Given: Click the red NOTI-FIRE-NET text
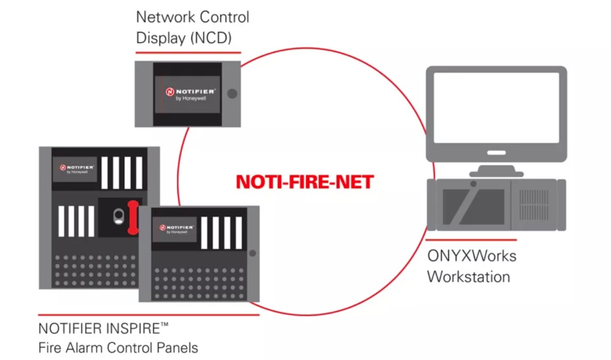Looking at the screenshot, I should (304, 182).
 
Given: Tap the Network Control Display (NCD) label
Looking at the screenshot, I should (192, 27).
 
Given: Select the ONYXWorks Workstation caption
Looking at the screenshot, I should (471, 266).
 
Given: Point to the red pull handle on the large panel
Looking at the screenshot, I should (132, 217).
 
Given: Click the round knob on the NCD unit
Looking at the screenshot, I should (232, 93).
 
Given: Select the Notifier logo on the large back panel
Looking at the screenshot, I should (75, 169).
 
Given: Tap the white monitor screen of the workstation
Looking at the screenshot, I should (496, 108).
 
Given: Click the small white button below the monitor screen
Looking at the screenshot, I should (496, 153).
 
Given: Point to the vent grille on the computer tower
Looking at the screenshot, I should (533, 204).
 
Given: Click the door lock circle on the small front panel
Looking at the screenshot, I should (252, 253).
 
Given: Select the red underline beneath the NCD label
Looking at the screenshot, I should (188, 52).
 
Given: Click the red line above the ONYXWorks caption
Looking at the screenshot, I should (471, 240).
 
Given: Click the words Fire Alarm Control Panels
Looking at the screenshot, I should (118, 348).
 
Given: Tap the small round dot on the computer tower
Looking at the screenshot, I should (473, 184).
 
